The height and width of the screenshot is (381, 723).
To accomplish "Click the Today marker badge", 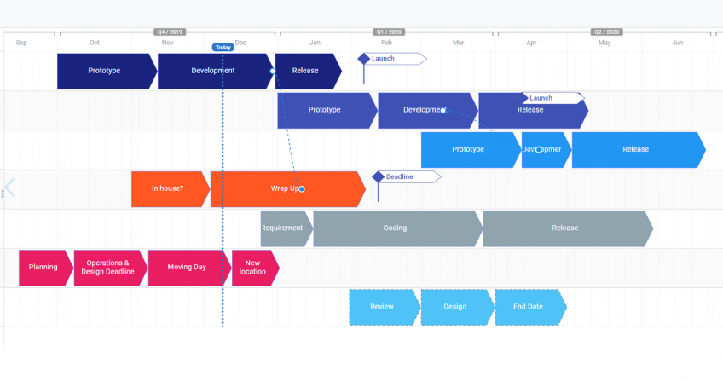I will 223,48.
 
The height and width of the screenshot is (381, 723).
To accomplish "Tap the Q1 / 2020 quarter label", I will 389,32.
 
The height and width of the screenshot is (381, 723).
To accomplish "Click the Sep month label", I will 21,43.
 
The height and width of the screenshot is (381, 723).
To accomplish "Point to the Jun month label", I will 677,43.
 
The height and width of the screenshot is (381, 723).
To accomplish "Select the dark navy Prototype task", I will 105,71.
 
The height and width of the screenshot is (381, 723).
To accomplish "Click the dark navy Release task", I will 306,71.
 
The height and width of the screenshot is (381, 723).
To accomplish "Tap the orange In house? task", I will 168,188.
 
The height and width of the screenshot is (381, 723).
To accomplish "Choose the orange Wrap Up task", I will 286,188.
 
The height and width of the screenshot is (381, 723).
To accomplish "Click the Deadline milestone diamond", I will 378,176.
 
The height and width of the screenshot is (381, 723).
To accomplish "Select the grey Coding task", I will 396,228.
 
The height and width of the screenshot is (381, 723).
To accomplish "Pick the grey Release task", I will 565,228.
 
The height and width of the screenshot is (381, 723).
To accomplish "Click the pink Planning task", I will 43,268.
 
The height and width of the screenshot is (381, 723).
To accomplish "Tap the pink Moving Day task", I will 187,268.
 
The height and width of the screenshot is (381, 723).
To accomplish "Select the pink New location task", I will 253,268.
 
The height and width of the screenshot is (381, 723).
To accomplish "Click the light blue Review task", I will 382,307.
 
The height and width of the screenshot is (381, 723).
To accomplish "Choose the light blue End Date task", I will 529,307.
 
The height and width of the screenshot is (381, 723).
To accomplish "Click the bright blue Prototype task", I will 468,149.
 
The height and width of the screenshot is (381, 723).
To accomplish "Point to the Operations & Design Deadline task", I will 108,268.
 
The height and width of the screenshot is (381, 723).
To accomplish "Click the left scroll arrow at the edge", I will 9,188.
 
